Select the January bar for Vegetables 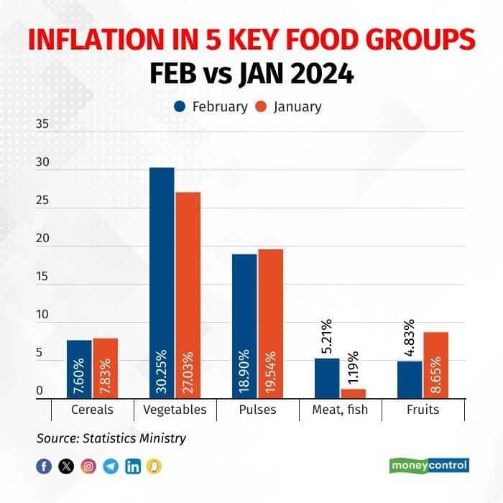188,295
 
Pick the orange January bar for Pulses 270,323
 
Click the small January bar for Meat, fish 353,393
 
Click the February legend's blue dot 180,107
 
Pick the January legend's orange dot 262,107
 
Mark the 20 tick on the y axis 42,239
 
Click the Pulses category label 257,410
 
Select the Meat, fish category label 340,410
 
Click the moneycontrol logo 429,466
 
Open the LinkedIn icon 133,466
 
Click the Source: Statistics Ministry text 111,438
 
